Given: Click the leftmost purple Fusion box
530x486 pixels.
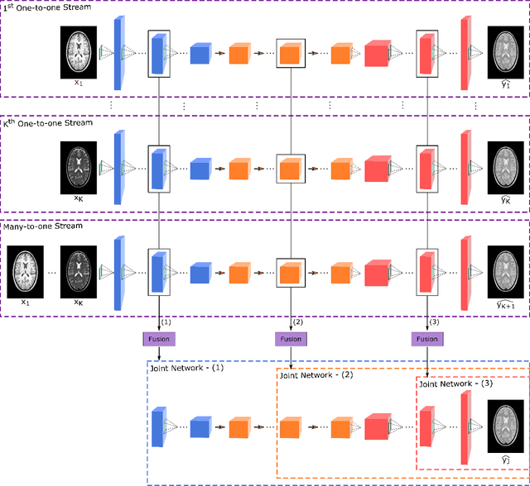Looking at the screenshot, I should (158, 339).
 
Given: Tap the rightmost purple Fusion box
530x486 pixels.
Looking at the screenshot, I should (427, 339).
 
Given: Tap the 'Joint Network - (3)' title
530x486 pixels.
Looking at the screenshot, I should (455, 384).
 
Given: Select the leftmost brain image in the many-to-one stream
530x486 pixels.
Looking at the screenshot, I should (25, 269).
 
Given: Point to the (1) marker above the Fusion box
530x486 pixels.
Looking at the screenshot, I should (165, 321).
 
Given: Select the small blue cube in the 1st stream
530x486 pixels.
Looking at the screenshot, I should (200, 55).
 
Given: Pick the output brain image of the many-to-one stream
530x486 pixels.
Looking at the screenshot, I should (504, 269).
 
